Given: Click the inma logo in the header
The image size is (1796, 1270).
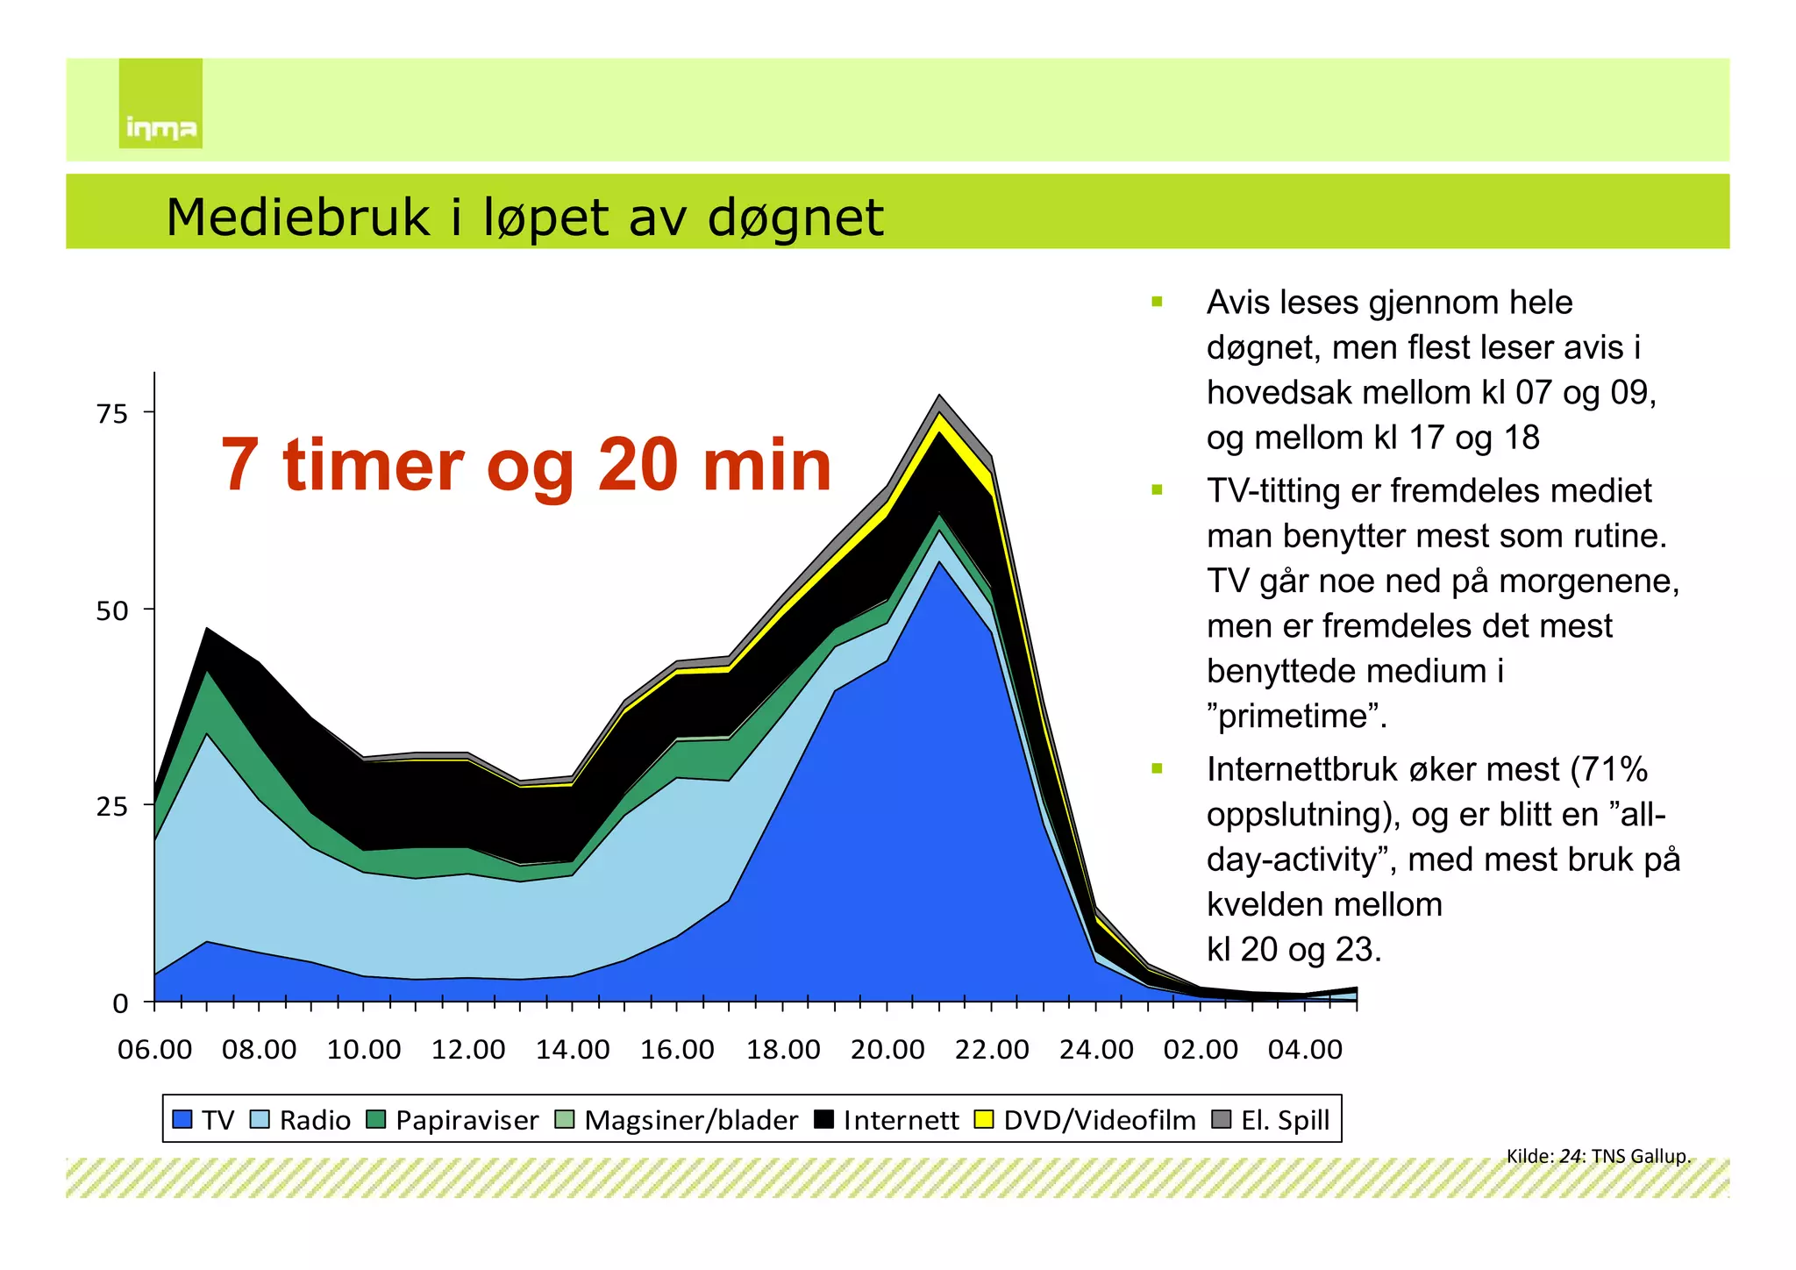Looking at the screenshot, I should point(160,103).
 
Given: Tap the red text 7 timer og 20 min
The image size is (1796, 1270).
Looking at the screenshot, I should point(526,465).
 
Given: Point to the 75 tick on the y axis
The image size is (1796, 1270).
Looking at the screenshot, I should point(112,413).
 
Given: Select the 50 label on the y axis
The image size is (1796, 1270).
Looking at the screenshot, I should point(112,610).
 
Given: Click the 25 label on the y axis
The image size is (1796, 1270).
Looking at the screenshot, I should point(112,807).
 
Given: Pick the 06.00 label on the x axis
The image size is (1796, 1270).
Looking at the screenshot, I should point(155,1050).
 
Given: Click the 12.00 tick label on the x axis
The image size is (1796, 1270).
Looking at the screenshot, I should point(468,1050).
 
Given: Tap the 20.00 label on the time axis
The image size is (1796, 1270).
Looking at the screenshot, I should point(887,1050).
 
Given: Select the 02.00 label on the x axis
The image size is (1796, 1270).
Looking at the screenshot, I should point(1201,1050).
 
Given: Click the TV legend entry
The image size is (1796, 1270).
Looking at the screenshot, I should point(204,1120).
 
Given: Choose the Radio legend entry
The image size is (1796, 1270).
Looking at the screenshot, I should point(301,1120).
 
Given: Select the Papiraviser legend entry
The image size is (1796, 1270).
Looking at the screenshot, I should point(453,1120).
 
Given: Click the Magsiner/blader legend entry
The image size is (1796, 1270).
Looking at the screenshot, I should point(678,1120).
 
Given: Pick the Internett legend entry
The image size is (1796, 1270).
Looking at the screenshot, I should point(887,1120).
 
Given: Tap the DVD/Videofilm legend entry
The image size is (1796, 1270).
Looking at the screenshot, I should point(1086,1120).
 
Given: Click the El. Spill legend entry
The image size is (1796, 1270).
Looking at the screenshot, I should point(1272,1120).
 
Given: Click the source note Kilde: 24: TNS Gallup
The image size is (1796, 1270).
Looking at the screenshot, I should point(1598,1156).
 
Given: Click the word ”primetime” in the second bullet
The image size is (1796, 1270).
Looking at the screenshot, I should point(1296,717).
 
